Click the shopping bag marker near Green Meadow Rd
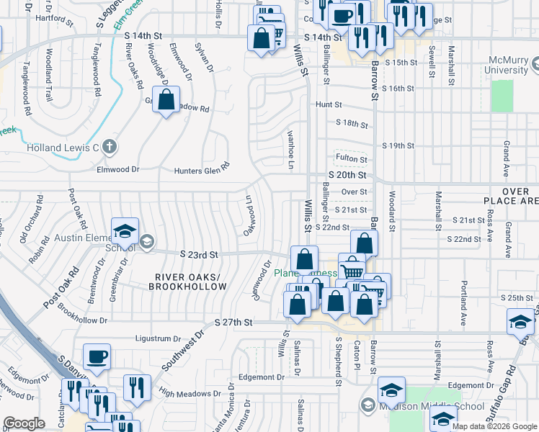click(x=166, y=102)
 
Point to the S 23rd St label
click(x=198, y=254)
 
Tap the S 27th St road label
click(x=233, y=323)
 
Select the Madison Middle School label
click(x=431, y=406)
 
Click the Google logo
click(x=24, y=423)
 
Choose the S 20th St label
click(x=347, y=175)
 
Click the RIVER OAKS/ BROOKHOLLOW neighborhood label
click(x=187, y=281)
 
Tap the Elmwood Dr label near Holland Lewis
click(x=117, y=171)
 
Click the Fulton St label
click(x=351, y=158)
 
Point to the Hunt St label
click(x=329, y=104)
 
